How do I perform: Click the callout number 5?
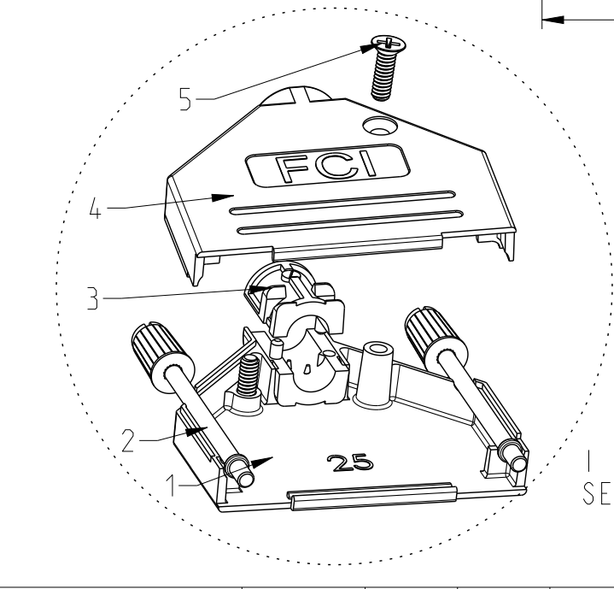(185, 99)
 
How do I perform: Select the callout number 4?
(95, 208)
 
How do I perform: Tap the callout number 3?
(92, 298)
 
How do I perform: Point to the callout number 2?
(128, 440)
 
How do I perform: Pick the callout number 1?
(171, 486)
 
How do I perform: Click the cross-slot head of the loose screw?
(389, 43)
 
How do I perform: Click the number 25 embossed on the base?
(349, 462)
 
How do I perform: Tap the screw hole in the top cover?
(380, 127)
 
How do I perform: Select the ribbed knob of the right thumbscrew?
(436, 339)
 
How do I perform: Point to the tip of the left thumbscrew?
(247, 479)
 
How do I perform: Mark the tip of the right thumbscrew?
(519, 463)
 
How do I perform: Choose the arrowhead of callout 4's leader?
(222, 197)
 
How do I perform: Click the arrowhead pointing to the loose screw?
(370, 48)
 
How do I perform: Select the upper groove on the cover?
(342, 203)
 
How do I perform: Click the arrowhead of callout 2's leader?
(196, 431)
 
